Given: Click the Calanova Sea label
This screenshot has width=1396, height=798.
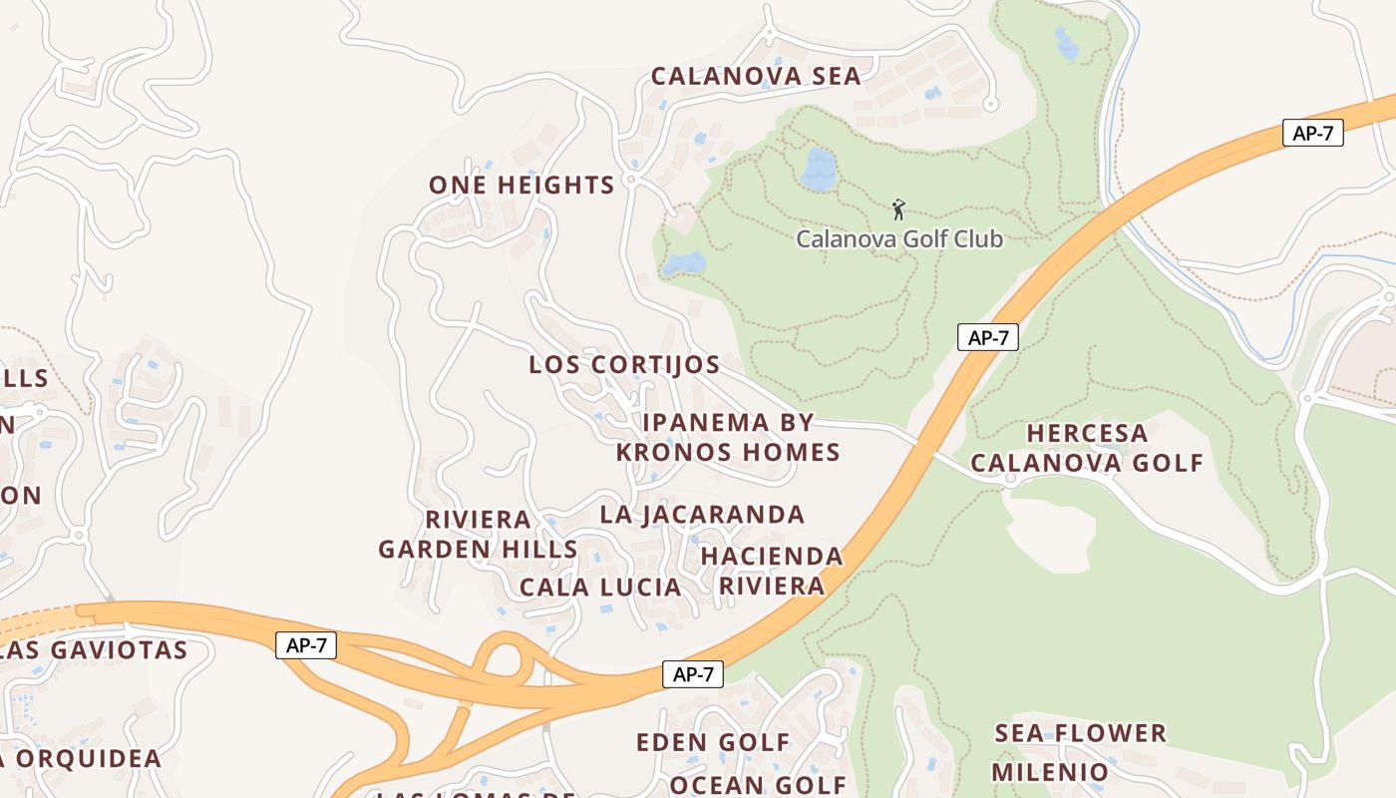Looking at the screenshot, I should (x=756, y=77).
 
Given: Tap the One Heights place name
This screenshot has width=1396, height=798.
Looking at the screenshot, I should (x=522, y=186).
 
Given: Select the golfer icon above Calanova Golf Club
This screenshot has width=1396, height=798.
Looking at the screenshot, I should (x=898, y=209).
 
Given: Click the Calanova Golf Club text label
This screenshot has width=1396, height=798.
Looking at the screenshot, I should (x=898, y=239).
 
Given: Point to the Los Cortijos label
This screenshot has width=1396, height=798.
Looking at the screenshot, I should (x=624, y=365).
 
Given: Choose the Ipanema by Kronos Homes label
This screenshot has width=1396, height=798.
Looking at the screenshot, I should (x=728, y=438).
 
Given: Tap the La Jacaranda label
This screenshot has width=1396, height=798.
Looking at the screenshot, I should (x=702, y=515).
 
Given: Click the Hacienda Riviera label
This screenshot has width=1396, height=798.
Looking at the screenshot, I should (x=771, y=571).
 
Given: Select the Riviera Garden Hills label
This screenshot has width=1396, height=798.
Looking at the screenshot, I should (x=478, y=535).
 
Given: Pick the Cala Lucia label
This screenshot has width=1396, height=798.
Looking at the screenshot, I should (x=600, y=588).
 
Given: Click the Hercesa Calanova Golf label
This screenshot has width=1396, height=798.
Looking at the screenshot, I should (x=1087, y=448).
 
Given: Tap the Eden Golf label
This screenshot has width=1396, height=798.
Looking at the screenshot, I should (x=713, y=743).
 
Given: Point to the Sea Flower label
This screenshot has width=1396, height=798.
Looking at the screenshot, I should (x=1080, y=734).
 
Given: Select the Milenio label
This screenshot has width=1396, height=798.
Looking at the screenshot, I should (x=1049, y=772).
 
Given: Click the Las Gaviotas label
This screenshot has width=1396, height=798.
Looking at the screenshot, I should (x=94, y=650).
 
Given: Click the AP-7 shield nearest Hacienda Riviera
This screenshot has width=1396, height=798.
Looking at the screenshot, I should (x=692, y=674).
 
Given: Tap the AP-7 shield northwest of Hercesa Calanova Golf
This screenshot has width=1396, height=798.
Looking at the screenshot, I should (x=987, y=337).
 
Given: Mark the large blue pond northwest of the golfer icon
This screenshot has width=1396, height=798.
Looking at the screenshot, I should (x=818, y=170).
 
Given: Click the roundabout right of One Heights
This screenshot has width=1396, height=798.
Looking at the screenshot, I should (x=631, y=183).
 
